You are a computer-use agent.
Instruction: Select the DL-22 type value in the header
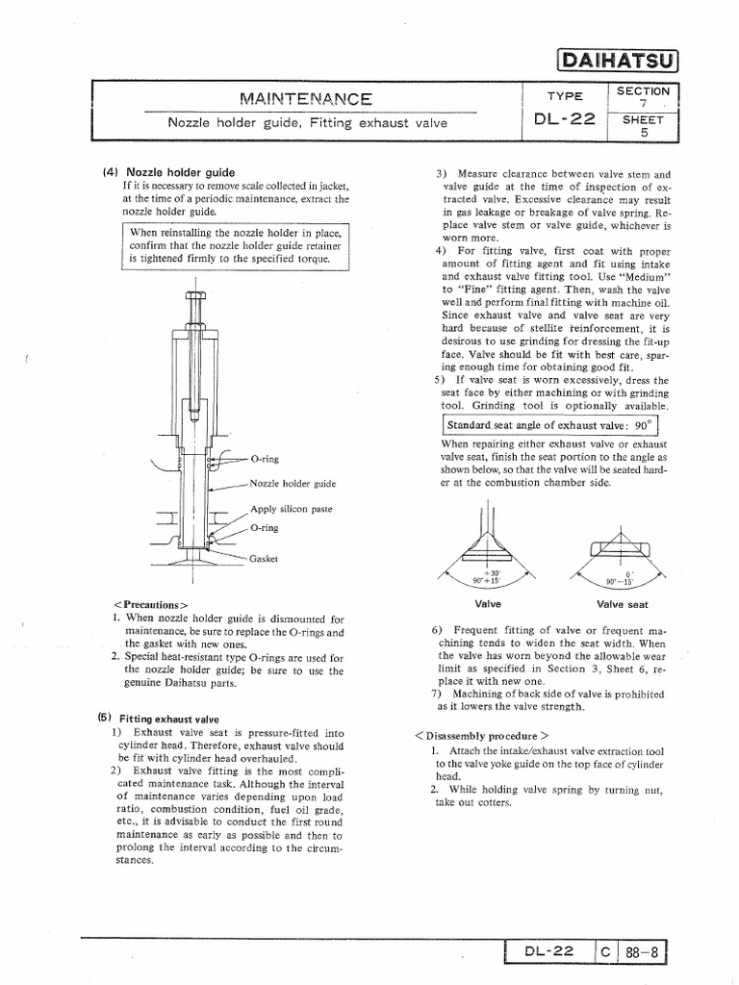click(564, 120)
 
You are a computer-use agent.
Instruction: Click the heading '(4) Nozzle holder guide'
click(168, 172)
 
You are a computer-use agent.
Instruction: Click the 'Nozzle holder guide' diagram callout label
click(293, 484)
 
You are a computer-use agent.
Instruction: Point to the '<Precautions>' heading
click(150, 605)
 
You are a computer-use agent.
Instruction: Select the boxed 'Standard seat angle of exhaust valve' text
click(549, 425)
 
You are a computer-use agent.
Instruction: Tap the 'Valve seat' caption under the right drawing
click(623, 605)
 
